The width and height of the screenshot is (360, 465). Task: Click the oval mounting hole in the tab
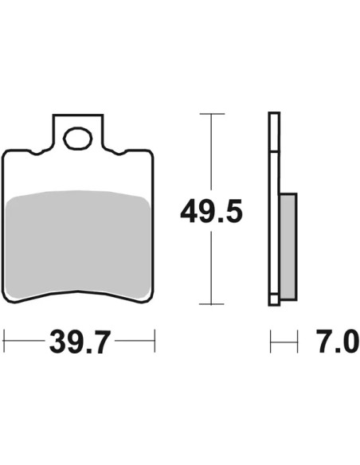(x=78, y=138)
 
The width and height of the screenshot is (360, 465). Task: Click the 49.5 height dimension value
(x=211, y=211)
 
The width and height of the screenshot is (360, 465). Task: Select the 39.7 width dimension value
(x=80, y=342)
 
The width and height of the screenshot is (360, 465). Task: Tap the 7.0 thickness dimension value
(x=337, y=342)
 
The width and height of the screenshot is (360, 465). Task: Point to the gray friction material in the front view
(x=78, y=244)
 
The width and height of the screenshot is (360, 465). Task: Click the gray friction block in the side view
(x=288, y=247)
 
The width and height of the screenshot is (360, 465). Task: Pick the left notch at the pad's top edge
(x=37, y=153)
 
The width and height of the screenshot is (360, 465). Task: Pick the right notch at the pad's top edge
(x=119, y=153)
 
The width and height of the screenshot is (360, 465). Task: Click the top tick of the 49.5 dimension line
(x=212, y=114)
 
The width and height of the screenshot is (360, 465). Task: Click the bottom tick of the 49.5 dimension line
(x=211, y=304)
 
